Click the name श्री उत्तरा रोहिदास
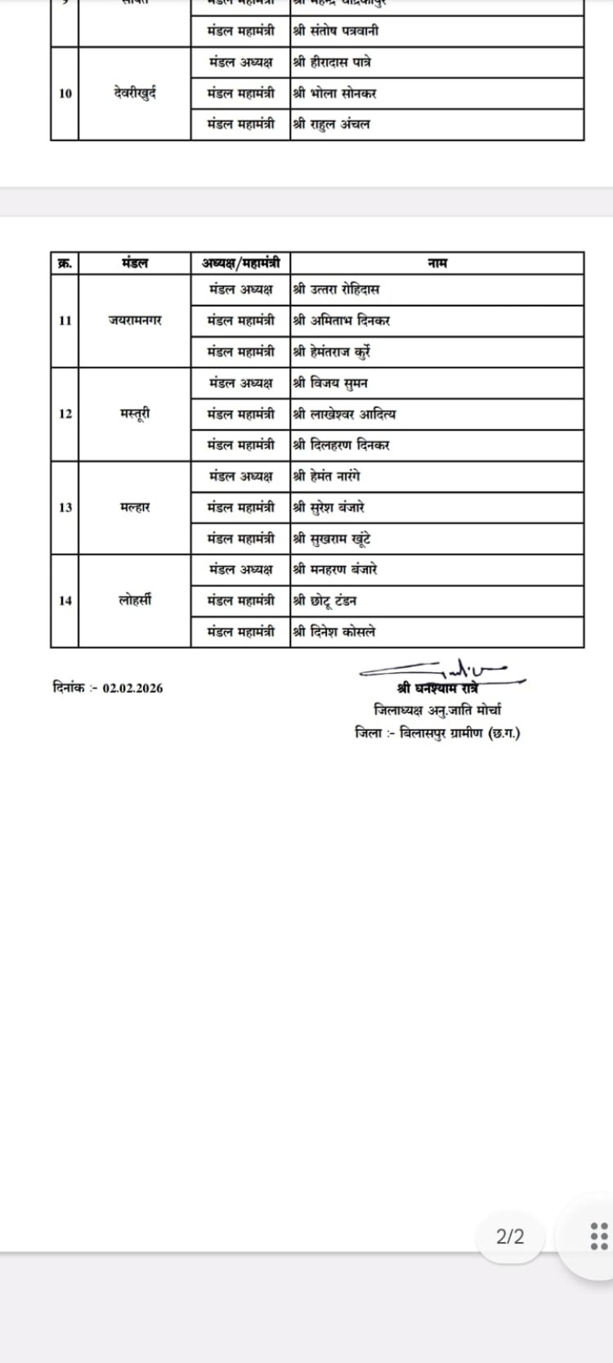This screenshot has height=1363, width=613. click(336, 289)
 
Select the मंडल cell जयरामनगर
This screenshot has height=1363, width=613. click(135, 321)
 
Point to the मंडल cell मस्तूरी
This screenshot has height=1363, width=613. click(135, 414)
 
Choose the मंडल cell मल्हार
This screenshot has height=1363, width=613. click(135, 507)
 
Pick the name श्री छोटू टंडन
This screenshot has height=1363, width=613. click(324, 601)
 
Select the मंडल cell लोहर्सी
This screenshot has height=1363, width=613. click(135, 600)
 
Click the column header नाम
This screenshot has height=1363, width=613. click(436, 263)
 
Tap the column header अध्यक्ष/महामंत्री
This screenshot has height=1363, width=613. click(240, 263)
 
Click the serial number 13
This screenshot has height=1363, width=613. click(65, 507)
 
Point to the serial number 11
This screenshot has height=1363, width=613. click(65, 321)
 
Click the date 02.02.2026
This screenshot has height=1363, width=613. click(132, 688)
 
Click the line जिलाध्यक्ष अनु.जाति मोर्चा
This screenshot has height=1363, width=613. click(437, 710)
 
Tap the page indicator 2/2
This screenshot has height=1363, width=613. click(510, 1236)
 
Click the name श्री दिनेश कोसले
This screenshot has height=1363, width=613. click(334, 632)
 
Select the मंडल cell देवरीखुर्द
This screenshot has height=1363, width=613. click(135, 93)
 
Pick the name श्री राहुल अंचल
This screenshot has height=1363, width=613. click(331, 124)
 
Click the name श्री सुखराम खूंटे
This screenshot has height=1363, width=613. click(333, 539)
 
